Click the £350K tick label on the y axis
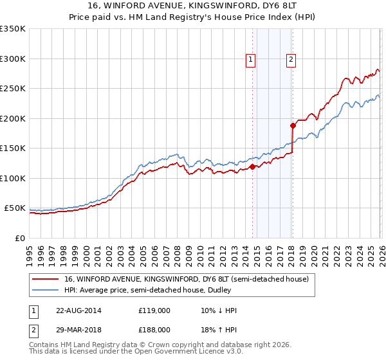(x=13, y=29)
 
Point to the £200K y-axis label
(x=13, y=118)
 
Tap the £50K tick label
(x=15, y=208)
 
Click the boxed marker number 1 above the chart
(x=250, y=60)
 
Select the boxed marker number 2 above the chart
(x=291, y=60)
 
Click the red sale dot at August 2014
(x=252, y=167)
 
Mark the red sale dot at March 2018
(x=293, y=126)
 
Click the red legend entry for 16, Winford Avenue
(x=187, y=280)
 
